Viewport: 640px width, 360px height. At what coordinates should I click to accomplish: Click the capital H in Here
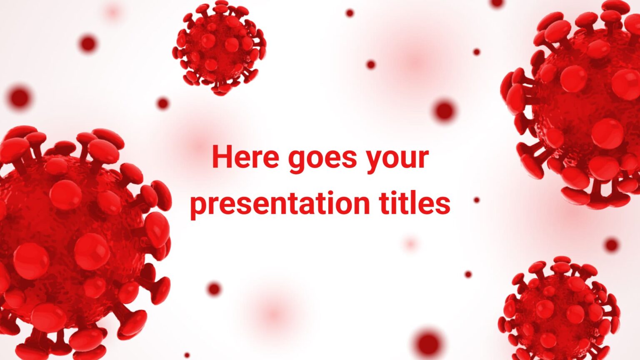[x=221, y=157]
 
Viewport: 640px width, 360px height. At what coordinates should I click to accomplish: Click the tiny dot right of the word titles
[x=477, y=200]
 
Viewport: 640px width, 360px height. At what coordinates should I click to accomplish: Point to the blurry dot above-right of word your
[x=444, y=111]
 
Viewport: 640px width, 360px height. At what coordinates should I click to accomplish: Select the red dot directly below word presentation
[x=214, y=289]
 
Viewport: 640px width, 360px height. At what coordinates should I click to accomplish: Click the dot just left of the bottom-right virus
[x=468, y=274]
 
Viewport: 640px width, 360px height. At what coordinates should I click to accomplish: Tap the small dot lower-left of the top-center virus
[x=163, y=103]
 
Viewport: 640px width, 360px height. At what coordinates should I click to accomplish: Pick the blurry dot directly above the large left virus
[x=19, y=98]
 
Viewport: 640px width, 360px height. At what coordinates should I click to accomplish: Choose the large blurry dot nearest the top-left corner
[x=87, y=43]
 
